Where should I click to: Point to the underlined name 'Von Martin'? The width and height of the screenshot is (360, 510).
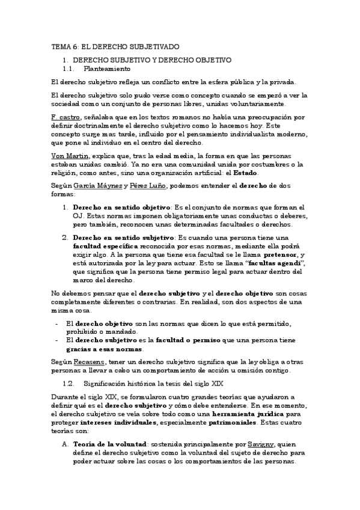(x=69, y=155)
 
